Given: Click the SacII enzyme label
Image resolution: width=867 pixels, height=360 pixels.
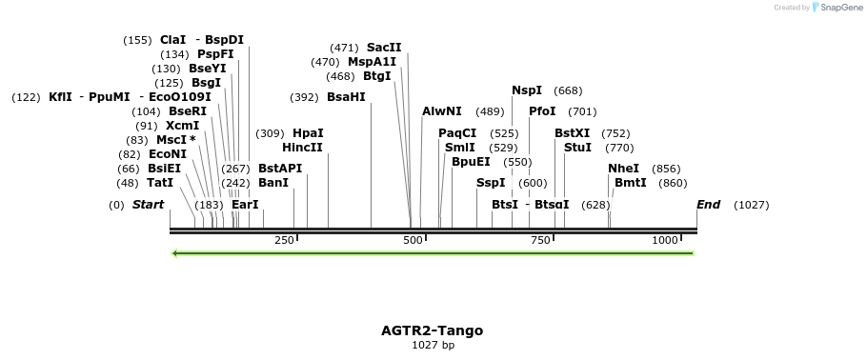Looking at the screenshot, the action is [384, 48].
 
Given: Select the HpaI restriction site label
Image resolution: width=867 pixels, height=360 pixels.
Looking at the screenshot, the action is [308, 133].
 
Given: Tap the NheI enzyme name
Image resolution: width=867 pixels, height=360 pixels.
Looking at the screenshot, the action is [623, 169].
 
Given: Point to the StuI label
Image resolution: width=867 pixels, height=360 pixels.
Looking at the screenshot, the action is [577, 148].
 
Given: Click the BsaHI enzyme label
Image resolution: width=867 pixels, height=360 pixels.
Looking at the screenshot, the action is [346, 97].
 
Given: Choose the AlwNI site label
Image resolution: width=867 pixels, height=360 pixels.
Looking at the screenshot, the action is [441, 111].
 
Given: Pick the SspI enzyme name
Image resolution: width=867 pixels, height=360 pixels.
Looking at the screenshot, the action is [491, 183].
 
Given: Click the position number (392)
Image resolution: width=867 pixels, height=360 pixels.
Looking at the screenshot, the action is [304, 98].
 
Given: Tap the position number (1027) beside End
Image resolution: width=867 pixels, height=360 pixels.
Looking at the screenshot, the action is [751, 205].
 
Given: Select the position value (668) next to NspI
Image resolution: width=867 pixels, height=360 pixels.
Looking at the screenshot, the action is [568, 90].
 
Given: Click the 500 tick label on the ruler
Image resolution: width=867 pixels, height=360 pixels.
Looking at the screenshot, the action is [413, 240].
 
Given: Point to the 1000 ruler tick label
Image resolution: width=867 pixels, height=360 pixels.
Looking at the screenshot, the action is [664, 240].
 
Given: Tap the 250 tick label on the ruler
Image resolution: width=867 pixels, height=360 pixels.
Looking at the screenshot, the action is [284, 240].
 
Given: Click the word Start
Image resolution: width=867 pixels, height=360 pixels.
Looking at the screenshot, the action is [149, 205].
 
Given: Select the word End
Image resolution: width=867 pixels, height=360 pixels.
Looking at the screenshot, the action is [708, 205].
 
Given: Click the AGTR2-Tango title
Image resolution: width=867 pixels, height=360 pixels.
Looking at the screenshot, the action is [432, 330].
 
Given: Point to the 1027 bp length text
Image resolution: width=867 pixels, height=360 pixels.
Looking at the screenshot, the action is [433, 345].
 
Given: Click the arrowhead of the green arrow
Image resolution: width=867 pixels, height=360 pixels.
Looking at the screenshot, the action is [174, 253].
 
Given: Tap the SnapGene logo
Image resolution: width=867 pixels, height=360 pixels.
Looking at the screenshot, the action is [837, 8].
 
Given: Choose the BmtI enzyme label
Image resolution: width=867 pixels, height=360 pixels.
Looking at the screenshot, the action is [631, 183].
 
